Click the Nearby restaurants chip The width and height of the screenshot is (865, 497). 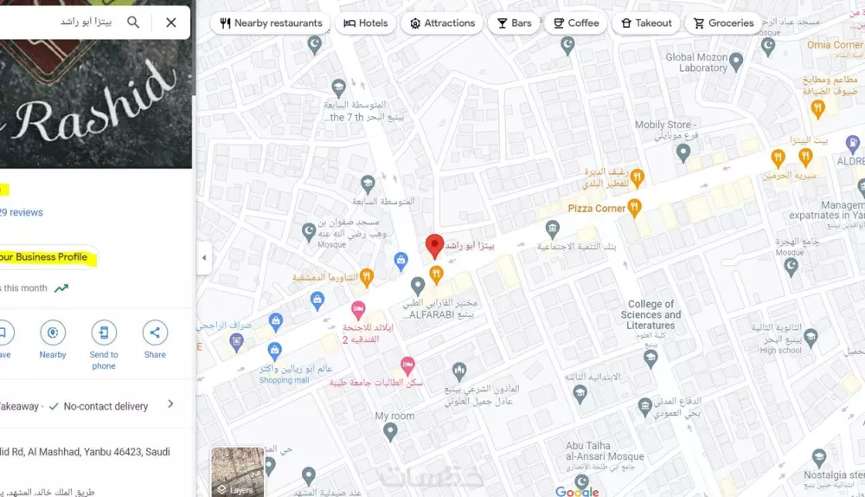271,23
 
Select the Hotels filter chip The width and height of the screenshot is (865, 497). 365,23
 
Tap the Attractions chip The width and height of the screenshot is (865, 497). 441,23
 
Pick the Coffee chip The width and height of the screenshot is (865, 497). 575,23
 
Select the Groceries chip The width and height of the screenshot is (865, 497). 723,23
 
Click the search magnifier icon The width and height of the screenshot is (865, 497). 133,22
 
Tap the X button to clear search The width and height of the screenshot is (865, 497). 171,22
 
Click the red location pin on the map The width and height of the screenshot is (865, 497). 435,246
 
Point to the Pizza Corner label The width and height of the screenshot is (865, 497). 596,209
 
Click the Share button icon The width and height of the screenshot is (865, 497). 155,333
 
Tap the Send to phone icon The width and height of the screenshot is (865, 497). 104,333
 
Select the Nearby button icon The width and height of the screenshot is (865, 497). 53,333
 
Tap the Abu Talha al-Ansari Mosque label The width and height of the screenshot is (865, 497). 605,451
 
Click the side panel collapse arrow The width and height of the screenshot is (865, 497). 204,258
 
